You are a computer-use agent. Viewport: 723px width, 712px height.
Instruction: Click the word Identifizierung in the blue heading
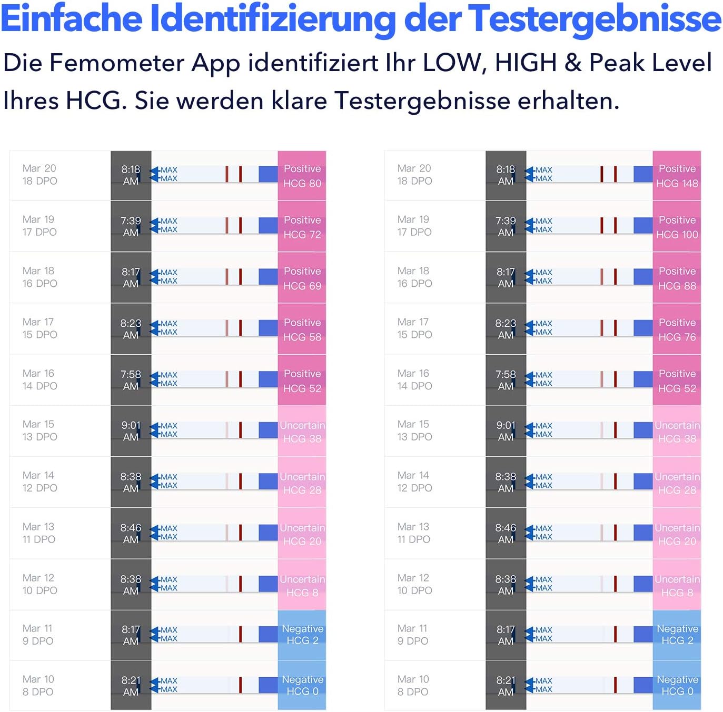273,19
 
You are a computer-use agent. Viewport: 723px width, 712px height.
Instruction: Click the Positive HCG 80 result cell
302,176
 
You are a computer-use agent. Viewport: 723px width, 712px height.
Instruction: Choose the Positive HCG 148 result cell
677,176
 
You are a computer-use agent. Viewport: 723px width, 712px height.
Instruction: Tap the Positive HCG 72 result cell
302,227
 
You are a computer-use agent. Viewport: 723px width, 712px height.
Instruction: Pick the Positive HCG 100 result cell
677,227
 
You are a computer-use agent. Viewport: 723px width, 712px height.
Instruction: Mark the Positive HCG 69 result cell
302,278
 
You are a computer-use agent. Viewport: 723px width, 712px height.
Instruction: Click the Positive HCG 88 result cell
677,278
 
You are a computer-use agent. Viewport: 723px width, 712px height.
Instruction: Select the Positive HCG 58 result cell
302,329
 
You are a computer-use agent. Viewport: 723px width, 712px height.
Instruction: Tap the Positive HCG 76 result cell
677,329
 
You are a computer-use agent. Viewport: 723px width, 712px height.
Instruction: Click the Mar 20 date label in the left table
39,168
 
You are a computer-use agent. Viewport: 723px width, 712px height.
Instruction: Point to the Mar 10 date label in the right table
413,679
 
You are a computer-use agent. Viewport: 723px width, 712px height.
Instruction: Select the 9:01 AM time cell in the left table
131,431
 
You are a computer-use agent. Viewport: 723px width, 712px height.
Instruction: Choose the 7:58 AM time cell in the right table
506,380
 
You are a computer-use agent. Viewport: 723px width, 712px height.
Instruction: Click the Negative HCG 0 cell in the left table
302,686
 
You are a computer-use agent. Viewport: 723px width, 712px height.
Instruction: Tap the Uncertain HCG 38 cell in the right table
677,432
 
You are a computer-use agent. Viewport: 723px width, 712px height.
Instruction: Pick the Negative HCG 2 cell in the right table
677,635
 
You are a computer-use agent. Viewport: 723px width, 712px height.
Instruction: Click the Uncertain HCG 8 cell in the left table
302,585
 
